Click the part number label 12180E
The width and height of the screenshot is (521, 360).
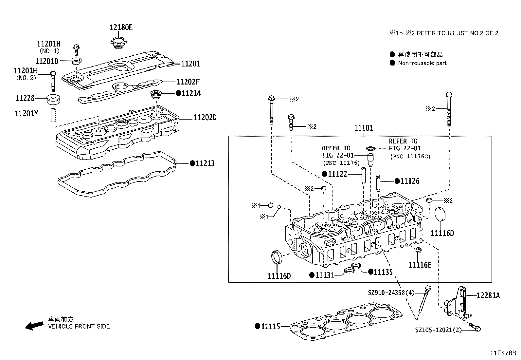121,28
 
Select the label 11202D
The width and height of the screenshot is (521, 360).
205,118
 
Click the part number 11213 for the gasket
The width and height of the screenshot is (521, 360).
205,163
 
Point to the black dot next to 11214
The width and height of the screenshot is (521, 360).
178,93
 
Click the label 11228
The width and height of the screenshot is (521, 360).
25,98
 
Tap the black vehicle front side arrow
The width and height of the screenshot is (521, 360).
34,325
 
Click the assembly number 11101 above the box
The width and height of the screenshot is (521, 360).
364,128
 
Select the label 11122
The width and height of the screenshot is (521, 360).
337,174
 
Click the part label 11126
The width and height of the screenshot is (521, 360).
410,181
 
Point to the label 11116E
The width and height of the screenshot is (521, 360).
420,265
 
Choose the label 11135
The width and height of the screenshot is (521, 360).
383,272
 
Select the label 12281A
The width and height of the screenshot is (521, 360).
488,295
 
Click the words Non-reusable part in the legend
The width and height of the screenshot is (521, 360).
422,63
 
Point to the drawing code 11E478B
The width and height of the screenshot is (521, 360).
503,353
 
